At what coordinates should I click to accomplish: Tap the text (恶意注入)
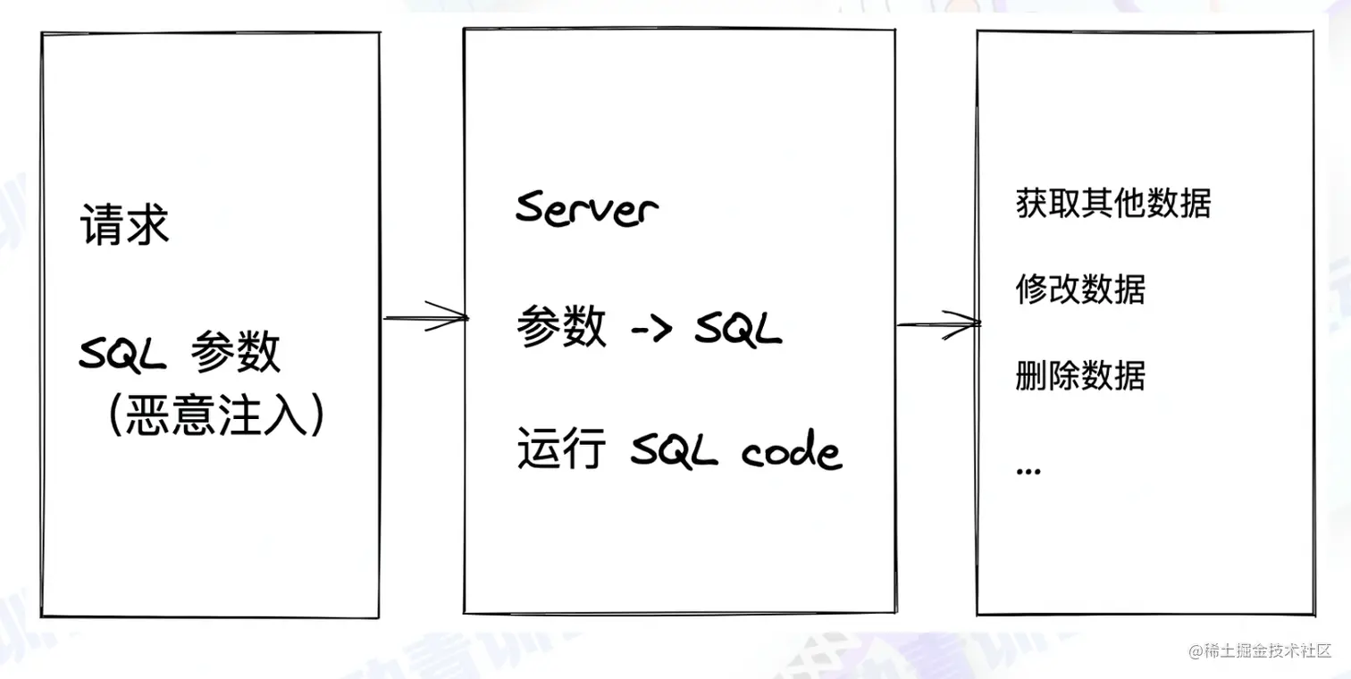[x=214, y=415]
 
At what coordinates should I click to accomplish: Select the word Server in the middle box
[x=586, y=208]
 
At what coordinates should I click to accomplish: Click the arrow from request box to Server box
[x=425, y=317]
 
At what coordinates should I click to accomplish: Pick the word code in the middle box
[x=792, y=452]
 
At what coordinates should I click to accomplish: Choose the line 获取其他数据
[x=1113, y=205]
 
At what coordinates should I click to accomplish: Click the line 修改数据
[x=1080, y=290]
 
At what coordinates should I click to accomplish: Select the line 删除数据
[x=1080, y=376]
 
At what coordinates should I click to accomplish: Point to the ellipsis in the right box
[x=1028, y=469]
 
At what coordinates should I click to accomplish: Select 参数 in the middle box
[x=560, y=330]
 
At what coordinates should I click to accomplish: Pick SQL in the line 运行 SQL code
[x=675, y=452]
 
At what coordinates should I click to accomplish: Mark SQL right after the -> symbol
[x=738, y=331]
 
